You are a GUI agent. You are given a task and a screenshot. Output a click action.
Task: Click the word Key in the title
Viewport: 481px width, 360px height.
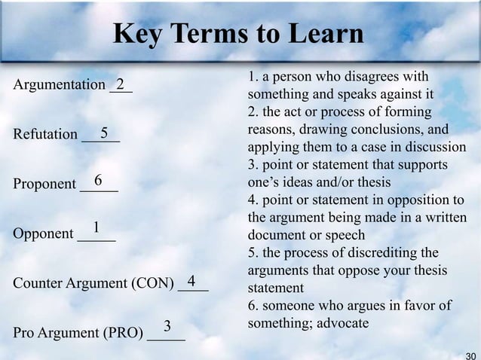click(133, 35)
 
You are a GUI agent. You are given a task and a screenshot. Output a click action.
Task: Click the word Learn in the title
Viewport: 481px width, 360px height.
click(326, 35)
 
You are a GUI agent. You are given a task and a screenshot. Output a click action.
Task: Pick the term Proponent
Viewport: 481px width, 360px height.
click(44, 184)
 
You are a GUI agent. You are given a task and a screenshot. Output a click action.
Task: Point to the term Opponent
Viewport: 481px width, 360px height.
click(43, 233)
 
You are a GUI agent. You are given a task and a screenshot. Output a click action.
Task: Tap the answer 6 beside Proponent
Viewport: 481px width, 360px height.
click(98, 180)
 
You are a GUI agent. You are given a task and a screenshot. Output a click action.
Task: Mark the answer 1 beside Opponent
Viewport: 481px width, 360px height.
click(96, 227)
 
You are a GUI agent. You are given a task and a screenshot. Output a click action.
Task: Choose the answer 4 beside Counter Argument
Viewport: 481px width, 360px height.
click(191, 281)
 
